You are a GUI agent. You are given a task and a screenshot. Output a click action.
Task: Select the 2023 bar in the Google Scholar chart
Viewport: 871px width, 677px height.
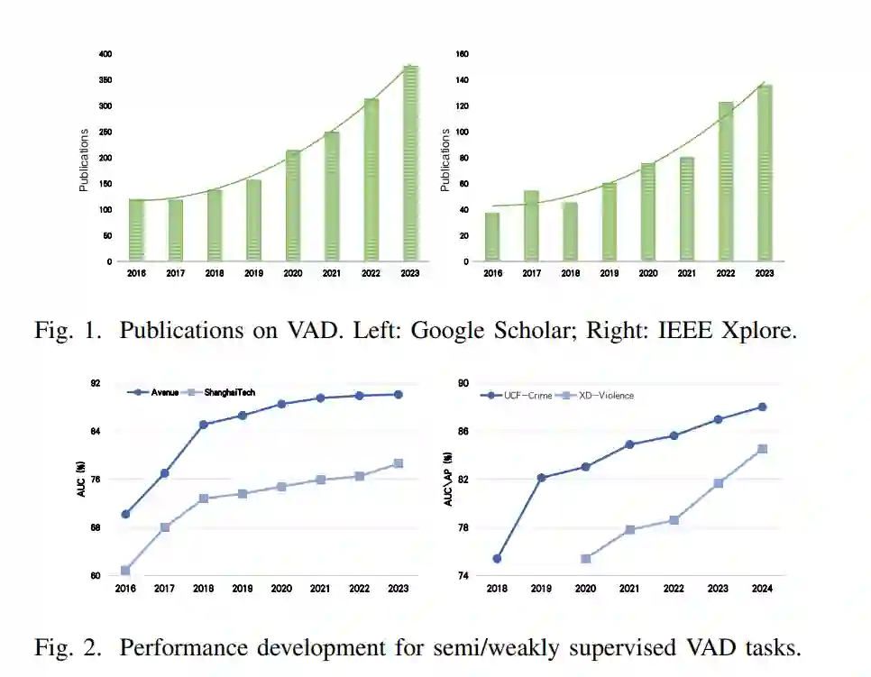pyautogui.click(x=410, y=164)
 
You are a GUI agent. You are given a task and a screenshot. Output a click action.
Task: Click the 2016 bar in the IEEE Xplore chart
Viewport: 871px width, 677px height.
pyautogui.click(x=492, y=237)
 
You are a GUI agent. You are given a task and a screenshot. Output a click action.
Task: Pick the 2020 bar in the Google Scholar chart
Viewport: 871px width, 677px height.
pyautogui.click(x=293, y=206)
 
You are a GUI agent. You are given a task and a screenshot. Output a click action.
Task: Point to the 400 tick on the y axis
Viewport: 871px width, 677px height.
pyautogui.click(x=106, y=54)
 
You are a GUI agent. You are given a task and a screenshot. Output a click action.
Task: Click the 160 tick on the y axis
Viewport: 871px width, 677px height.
pyautogui.click(x=463, y=54)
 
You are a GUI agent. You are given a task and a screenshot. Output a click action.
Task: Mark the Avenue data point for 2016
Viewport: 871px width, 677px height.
pyautogui.click(x=125, y=514)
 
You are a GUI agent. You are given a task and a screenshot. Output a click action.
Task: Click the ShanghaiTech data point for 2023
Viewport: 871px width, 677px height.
pyautogui.click(x=398, y=463)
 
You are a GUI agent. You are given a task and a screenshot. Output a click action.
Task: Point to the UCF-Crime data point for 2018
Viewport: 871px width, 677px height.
pyautogui.click(x=497, y=559)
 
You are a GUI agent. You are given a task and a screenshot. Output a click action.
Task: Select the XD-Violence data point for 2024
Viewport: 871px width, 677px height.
pyautogui.click(x=762, y=449)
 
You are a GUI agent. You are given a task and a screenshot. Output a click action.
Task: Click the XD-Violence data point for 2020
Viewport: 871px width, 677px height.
pyautogui.click(x=585, y=559)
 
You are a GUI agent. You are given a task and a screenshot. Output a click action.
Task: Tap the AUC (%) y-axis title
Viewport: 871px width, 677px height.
pyautogui.click(x=81, y=480)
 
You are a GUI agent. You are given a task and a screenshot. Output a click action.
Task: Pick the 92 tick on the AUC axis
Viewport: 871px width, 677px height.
pyautogui.click(x=107, y=383)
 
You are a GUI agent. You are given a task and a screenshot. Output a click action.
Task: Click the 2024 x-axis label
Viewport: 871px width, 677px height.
pyautogui.click(x=762, y=589)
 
